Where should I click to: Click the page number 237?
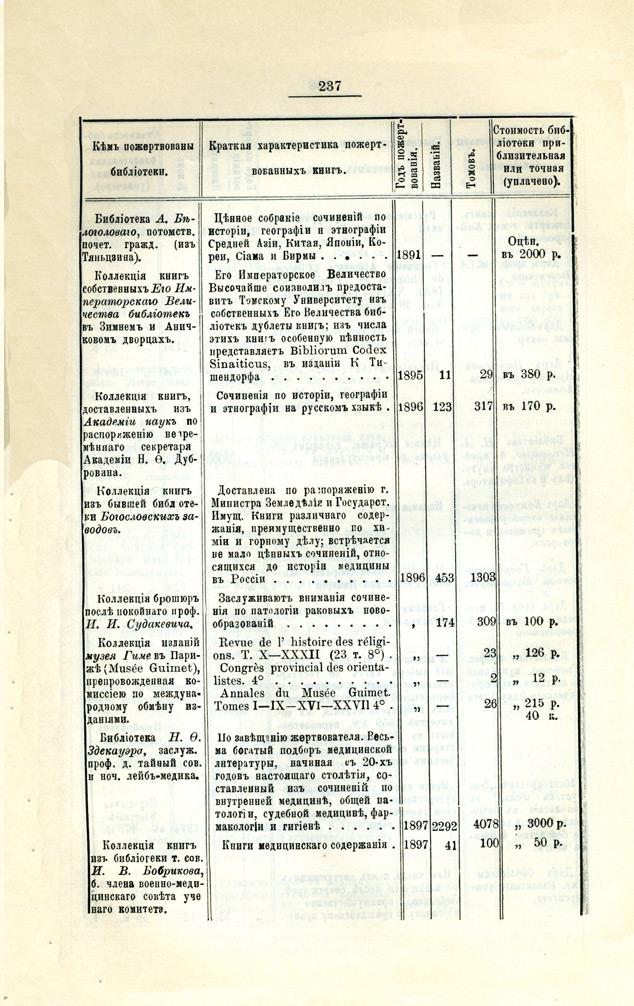(330, 87)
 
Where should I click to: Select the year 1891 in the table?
(408, 254)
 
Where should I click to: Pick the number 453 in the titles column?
(439, 577)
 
